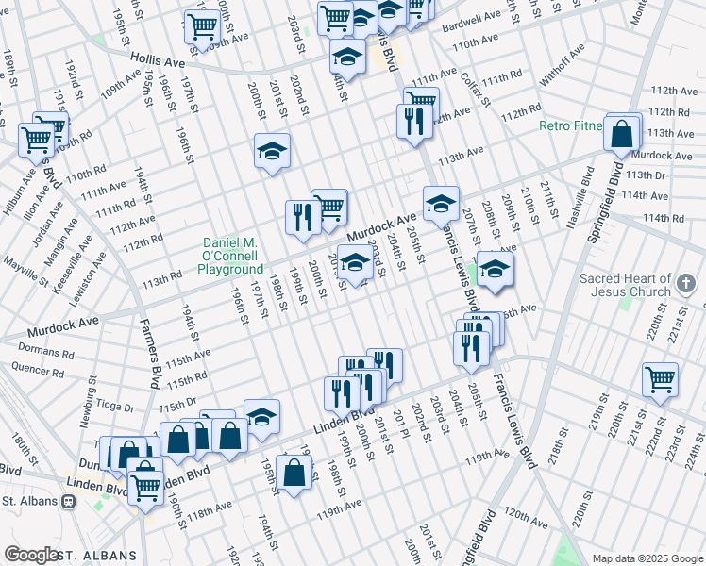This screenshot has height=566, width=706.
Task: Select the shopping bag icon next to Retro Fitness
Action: tap(622, 135)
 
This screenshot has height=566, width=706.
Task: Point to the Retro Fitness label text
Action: tap(570, 125)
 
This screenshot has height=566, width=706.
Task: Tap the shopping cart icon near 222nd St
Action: tap(660, 379)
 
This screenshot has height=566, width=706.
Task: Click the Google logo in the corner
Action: tap(31, 555)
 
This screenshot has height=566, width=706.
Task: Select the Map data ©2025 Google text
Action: tap(647, 558)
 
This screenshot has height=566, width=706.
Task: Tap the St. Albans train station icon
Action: tap(68, 502)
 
